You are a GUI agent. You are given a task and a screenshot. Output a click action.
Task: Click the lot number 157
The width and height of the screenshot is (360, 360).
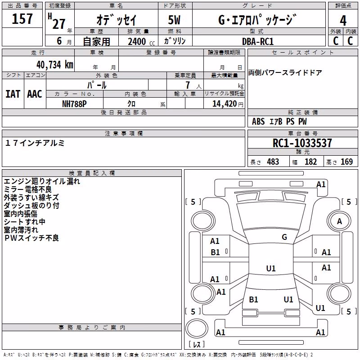tap(22, 19)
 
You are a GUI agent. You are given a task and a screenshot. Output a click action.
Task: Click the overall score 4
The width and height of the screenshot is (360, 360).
tap(343, 21)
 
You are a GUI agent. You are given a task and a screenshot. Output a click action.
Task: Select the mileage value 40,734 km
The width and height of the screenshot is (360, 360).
tap(55, 65)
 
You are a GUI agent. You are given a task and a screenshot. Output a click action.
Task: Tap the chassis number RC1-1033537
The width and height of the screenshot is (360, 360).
tap(302, 143)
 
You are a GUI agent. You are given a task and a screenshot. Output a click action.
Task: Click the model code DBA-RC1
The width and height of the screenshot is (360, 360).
tap(258, 41)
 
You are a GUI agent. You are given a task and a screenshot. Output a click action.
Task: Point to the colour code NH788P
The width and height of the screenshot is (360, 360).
tap(74, 104)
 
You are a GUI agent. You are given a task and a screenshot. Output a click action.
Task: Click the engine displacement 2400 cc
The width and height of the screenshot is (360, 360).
tap(141, 41)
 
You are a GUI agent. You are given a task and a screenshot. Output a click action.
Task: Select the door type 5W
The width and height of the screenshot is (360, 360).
tap(174, 20)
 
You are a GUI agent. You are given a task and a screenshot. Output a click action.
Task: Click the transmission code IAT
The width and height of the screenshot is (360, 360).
tap(13, 94)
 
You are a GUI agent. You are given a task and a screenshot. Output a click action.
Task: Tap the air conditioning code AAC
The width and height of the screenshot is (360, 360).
tap(35, 94)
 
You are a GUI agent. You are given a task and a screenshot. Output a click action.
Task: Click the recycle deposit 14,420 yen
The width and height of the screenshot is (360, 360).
tap(228, 104)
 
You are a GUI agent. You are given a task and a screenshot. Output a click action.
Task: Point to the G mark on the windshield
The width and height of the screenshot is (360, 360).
tap(284, 237)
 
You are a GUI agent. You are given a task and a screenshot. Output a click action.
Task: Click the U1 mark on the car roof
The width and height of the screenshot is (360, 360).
tap(271, 268)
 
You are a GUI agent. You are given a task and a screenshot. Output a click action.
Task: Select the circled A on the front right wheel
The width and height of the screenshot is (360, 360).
tap(339, 221)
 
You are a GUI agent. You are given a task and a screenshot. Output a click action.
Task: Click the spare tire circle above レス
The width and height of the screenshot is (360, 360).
tap(197, 328)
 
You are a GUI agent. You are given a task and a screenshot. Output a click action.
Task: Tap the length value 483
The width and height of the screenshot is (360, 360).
tap(273, 162)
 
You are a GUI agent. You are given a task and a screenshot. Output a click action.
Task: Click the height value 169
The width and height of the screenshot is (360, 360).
tap(346, 162)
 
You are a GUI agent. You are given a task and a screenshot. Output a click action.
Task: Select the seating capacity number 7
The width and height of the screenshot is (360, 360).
tap(188, 85)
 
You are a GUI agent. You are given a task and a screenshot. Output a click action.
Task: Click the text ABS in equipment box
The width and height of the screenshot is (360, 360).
tap(258, 121)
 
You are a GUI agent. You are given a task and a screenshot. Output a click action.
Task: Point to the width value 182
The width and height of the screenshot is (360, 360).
tap(310, 162)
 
